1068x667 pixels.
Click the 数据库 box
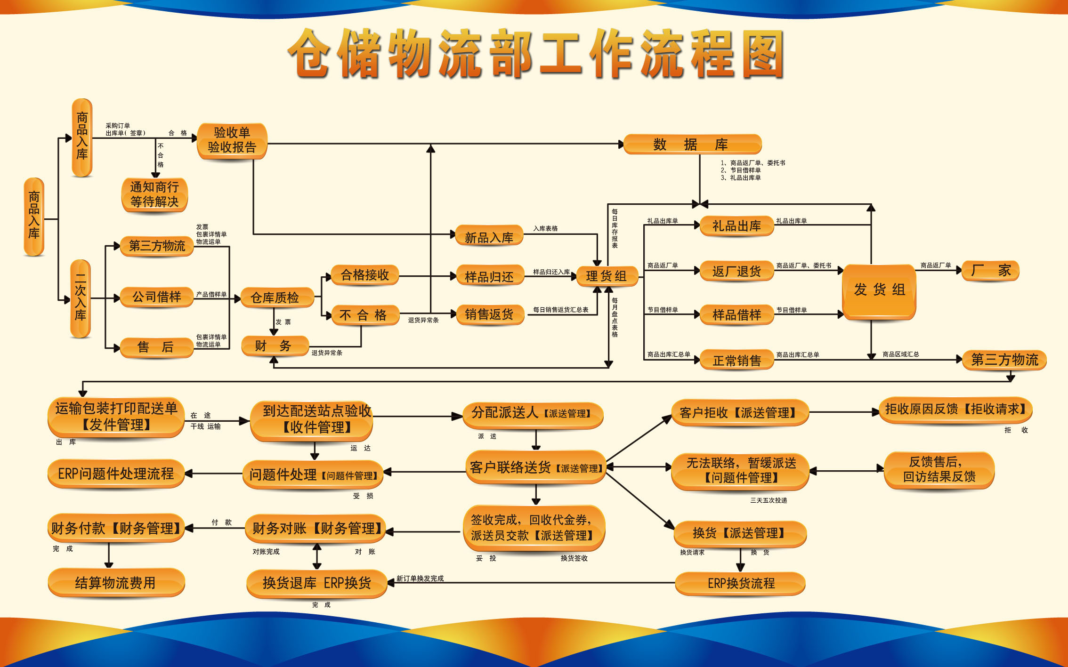coord(692,144)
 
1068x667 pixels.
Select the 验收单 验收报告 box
coord(232,140)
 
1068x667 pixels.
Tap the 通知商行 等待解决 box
coord(154,194)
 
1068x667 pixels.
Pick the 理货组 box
coord(607,276)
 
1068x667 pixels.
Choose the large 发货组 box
coord(879,290)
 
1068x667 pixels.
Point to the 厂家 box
coord(991,270)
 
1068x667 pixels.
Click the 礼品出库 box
coord(736,226)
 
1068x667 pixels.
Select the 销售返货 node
coord(489,314)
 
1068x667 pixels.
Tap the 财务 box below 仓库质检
coord(274,346)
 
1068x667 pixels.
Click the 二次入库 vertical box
coord(81,298)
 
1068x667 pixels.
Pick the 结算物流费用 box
coord(116,583)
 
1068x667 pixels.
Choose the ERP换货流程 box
coord(740,583)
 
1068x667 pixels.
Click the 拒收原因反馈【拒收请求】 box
coord(955,410)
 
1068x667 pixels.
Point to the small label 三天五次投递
coord(769,500)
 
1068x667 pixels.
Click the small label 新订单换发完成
coord(420,579)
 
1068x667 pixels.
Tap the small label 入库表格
coord(545,229)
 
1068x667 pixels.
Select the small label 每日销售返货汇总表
coord(560,310)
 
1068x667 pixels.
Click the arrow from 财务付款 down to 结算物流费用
coord(109,555)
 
